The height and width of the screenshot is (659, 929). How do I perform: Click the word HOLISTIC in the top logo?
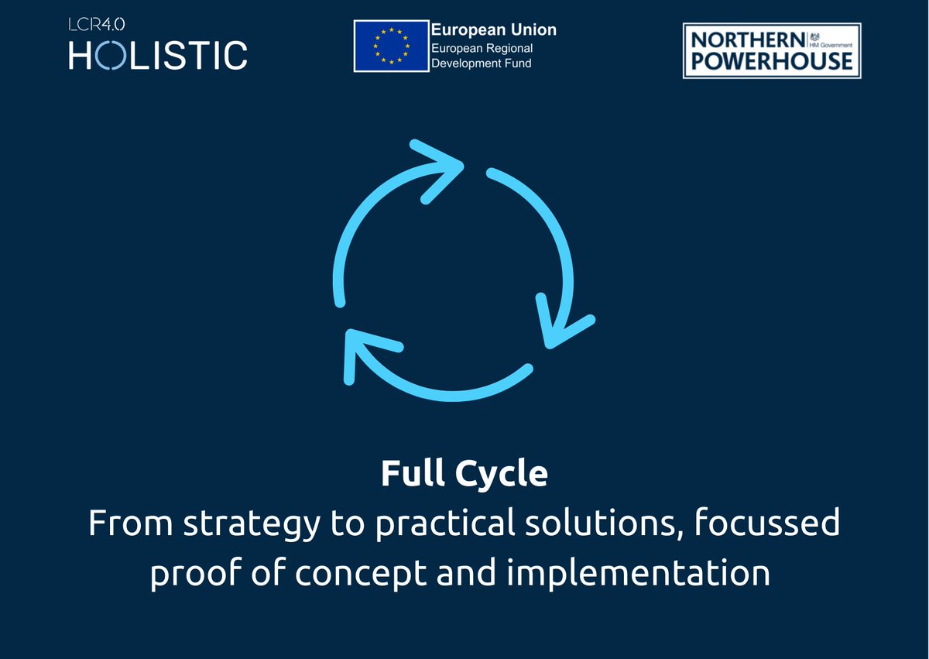(x=158, y=55)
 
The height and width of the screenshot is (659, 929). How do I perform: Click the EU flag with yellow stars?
(x=390, y=46)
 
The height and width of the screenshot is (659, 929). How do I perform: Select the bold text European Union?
(x=493, y=30)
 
